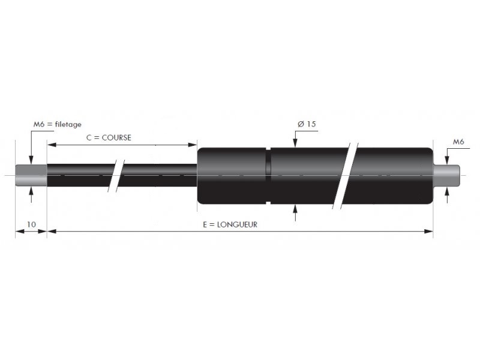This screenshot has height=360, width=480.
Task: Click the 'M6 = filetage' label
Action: click(57, 124)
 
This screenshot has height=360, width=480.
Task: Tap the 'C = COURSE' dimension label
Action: click(109, 138)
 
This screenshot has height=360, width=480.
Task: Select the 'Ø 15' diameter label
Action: click(307, 124)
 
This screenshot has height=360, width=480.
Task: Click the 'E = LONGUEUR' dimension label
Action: click(230, 224)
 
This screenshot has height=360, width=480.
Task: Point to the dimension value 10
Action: click(31, 224)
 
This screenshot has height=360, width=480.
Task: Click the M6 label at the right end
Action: click(458, 142)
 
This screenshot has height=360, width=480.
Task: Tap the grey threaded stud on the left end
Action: click(31, 175)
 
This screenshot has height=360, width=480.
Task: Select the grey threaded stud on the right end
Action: click(446, 175)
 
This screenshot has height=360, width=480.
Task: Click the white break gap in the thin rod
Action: click(116, 176)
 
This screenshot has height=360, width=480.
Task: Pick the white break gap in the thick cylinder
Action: click(346, 176)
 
